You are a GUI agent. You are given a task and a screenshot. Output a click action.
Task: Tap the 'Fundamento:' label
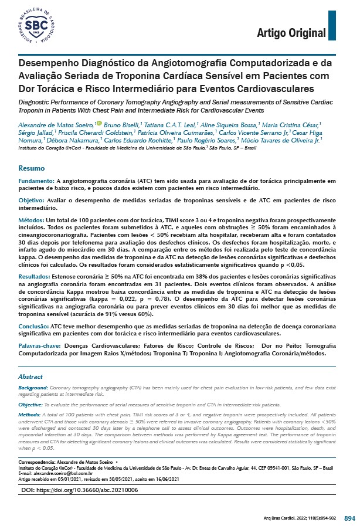pos(36,182)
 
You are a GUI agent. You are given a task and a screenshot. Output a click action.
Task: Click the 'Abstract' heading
pos(30,376)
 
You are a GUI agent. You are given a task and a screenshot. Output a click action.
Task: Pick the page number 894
pos(349,518)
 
